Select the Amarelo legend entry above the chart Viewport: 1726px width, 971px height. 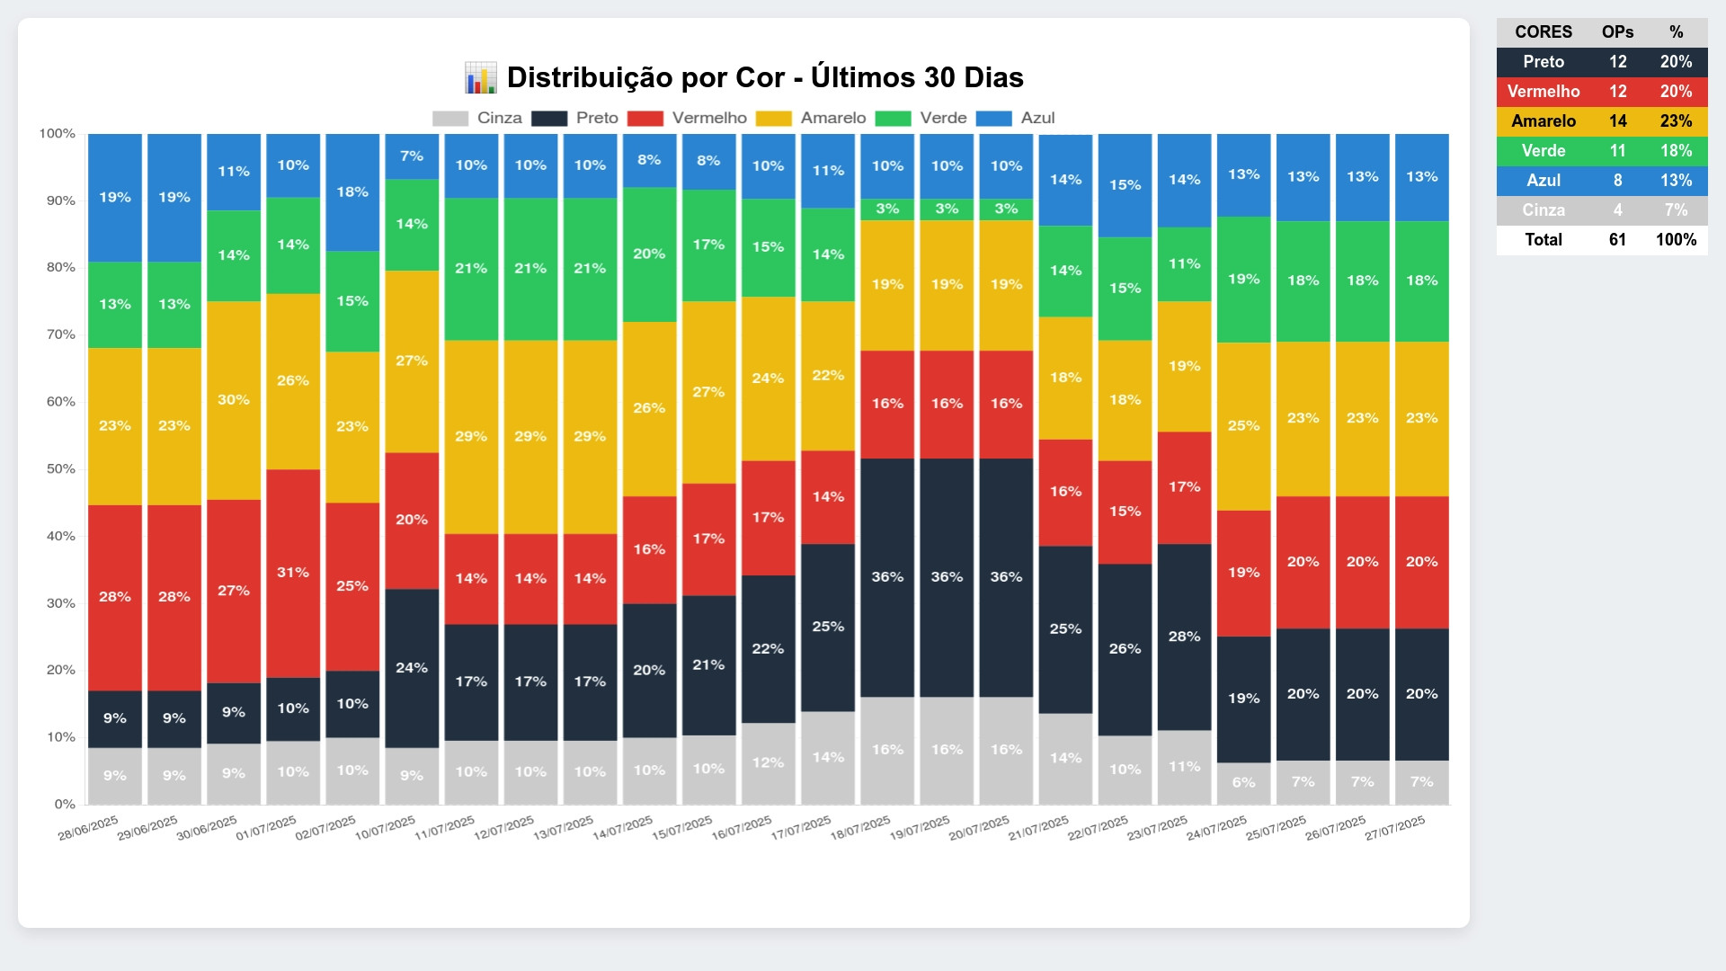[832, 118]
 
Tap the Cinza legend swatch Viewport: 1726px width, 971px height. [450, 119]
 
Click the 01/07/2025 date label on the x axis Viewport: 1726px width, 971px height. [266, 828]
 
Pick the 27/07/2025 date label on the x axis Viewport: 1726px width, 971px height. [1395, 828]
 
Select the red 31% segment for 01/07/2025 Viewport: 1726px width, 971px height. [293, 573]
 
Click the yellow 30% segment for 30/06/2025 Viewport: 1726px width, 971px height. [234, 400]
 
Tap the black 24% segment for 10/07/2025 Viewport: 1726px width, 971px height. [412, 668]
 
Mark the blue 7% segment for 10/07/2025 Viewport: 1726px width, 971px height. [412, 156]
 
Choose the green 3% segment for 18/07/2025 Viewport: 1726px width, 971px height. [887, 209]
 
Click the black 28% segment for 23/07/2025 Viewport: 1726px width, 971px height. [1184, 637]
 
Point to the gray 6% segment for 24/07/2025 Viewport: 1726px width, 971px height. [1243, 783]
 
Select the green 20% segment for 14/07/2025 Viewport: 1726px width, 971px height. [649, 254]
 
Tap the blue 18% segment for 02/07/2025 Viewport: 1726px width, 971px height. [352, 192]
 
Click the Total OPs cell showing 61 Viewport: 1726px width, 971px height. [1617, 240]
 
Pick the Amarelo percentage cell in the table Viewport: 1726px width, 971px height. [1676, 121]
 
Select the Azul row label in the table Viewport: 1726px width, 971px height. [1544, 181]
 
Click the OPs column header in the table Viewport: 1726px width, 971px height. [1617, 32]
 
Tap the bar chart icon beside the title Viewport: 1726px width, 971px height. [481, 78]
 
